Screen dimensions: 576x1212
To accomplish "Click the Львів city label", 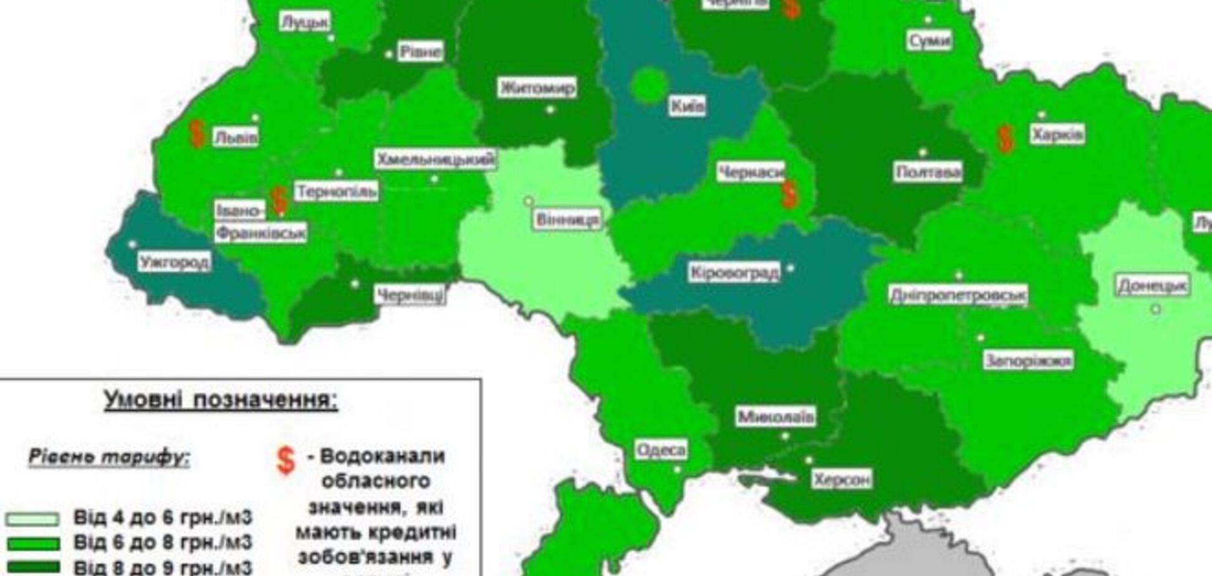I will [x=236, y=137].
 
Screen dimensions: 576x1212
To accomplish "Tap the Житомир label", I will [x=537, y=88].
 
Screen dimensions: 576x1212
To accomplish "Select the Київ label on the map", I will [x=688, y=106].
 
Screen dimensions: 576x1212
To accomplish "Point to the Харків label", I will [x=1057, y=134].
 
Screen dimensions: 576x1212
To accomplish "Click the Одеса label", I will [x=661, y=449].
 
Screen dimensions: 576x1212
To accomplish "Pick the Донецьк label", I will [x=1152, y=286].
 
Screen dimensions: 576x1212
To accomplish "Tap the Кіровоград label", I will [x=734, y=272].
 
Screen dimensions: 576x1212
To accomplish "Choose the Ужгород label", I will [x=175, y=262].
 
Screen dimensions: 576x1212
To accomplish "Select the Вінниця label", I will [x=567, y=219].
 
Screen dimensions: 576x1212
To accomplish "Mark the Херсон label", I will [x=842, y=479].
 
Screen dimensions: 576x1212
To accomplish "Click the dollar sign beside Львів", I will [x=197, y=134].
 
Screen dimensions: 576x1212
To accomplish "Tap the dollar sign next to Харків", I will [x=1004, y=138].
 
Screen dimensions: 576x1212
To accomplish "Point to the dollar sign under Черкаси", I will [x=789, y=194].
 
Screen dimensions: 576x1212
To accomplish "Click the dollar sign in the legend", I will [x=286, y=461].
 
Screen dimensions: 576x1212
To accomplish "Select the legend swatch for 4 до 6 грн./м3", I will [x=32, y=519].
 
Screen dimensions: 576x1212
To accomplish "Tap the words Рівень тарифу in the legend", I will [x=109, y=458].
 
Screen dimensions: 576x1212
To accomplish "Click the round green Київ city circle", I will [x=649, y=86].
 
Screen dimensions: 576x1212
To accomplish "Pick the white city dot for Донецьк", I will [x=1156, y=309].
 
